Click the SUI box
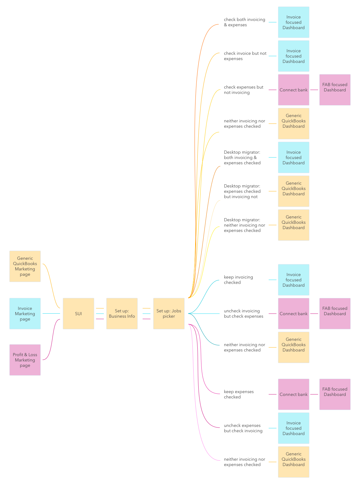click(79, 313)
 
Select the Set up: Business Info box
click(122, 313)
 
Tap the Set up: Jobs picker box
click(169, 313)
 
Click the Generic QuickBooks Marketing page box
click(25, 266)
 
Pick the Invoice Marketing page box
click(25, 313)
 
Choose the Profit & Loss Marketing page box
click(25, 360)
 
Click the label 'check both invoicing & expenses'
click(244, 22)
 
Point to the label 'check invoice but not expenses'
click(245, 56)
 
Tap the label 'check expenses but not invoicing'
click(243, 90)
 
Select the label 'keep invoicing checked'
click(238, 280)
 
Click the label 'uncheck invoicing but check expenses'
click(243, 314)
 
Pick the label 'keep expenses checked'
click(239, 394)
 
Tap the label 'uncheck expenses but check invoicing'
click(243, 428)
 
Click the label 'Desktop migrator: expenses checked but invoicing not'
click(242, 191)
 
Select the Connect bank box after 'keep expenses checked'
click(293, 394)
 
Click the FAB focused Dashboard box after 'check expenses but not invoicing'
click(335, 90)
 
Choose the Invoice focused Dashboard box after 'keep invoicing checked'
click(293, 280)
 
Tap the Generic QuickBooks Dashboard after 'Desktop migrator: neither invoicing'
click(293, 225)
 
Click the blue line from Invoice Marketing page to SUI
click(51, 313)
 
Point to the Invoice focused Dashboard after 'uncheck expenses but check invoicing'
click(293, 428)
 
